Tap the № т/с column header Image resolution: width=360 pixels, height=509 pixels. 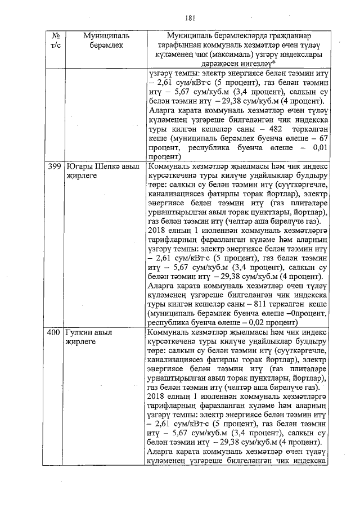(54, 40)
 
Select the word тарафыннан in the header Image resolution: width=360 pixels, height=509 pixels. (178, 45)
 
